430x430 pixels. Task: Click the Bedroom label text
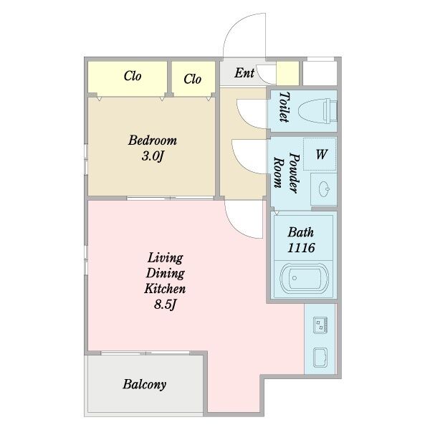point(153,140)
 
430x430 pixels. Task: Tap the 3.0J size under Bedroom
point(153,156)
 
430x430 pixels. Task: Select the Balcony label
point(144,384)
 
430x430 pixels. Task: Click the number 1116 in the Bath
point(301,248)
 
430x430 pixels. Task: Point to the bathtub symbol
point(304,278)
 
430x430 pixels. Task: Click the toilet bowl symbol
point(317,111)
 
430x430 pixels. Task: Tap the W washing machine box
point(320,154)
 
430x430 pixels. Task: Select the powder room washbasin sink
point(324,189)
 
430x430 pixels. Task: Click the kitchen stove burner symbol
point(320,325)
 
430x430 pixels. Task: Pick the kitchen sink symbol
point(320,358)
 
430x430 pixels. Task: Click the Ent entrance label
point(244,73)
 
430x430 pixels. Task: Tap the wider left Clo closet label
point(133,76)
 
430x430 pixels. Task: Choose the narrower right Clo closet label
point(193,80)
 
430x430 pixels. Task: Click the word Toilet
point(284,107)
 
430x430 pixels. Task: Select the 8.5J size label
point(165,304)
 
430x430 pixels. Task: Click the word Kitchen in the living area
point(165,289)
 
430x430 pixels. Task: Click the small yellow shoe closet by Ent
point(287,73)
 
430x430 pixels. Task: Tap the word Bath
point(300,232)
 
